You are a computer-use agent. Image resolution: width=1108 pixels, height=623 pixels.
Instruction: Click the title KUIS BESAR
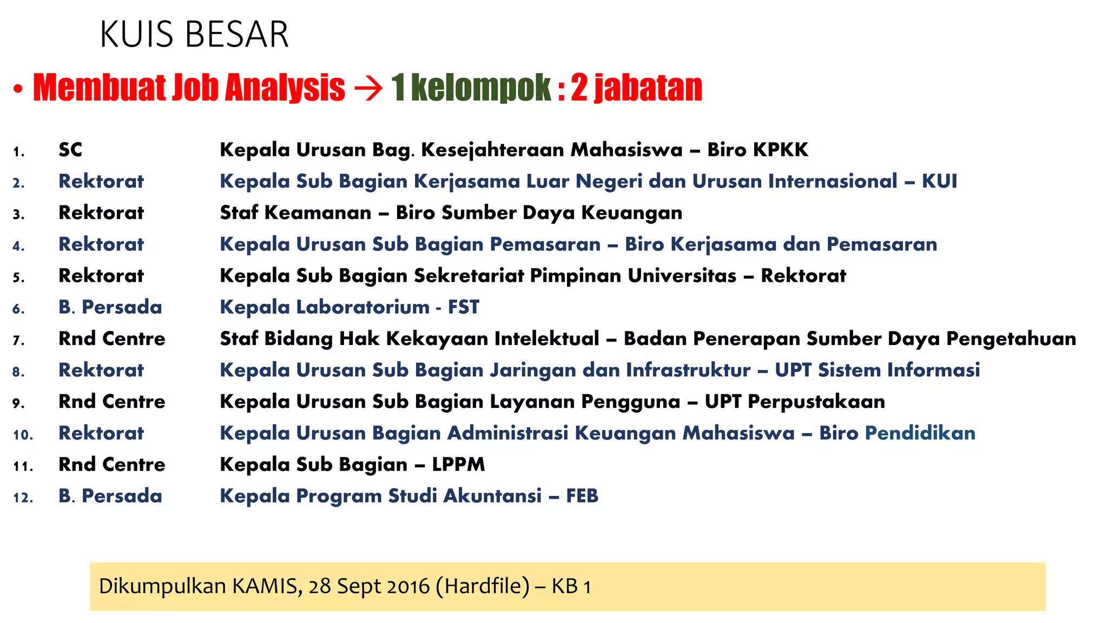(x=194, y=35)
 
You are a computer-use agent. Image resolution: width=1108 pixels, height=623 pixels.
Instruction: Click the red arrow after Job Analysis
(x=368, y=88)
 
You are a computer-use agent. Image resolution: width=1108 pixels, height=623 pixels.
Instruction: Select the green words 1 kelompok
(x=471, y=88)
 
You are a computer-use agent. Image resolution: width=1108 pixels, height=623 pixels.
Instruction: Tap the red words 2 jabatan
(x=636, y=88)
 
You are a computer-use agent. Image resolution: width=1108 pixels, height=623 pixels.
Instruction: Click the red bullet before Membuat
(x=18, y=89)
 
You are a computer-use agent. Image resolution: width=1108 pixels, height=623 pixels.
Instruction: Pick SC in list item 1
(x=70, y=150)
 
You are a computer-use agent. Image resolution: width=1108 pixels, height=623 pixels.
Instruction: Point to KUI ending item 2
(x=939, y=181)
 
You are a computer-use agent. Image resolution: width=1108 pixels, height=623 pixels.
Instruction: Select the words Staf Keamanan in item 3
(x=295, y=213)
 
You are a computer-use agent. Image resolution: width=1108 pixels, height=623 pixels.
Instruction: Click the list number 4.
(x=18, y=246)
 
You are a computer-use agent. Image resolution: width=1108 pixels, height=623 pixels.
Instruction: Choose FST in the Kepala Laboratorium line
(x=463, y=307)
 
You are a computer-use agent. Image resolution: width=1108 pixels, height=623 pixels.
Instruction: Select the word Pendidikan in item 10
(x=920, y=433)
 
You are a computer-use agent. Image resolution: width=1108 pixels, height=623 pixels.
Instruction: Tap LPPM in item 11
(x=458, y=465)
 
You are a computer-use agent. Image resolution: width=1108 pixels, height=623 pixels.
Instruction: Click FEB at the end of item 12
(x=582, y=496)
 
